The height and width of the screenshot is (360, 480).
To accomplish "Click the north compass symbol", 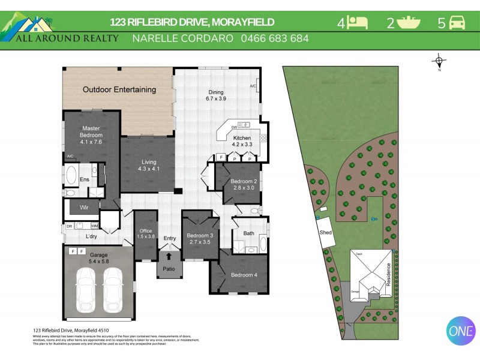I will tap(439, 61).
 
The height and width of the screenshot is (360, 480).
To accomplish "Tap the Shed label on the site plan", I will tap(326, 232).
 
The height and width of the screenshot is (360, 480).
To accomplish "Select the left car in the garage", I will tap(87, 290).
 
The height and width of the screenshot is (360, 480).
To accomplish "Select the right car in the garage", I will tap(113, 290).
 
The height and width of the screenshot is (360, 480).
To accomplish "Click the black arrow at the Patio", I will tap(169, 256).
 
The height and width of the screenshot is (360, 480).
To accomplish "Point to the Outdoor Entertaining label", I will tap(119, 90).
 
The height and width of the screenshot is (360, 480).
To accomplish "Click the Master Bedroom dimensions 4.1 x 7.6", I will tap(91, 142).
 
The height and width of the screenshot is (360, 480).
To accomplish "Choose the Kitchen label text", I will tap(242, 138).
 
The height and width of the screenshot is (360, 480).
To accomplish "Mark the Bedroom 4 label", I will tap(244, 275).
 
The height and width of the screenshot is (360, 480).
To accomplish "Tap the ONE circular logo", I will tap(461, 331).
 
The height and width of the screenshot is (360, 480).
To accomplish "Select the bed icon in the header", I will tap(358, 23).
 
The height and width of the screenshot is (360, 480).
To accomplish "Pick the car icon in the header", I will tap(457, 23).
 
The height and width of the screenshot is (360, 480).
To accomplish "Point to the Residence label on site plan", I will tap(388, 274).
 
